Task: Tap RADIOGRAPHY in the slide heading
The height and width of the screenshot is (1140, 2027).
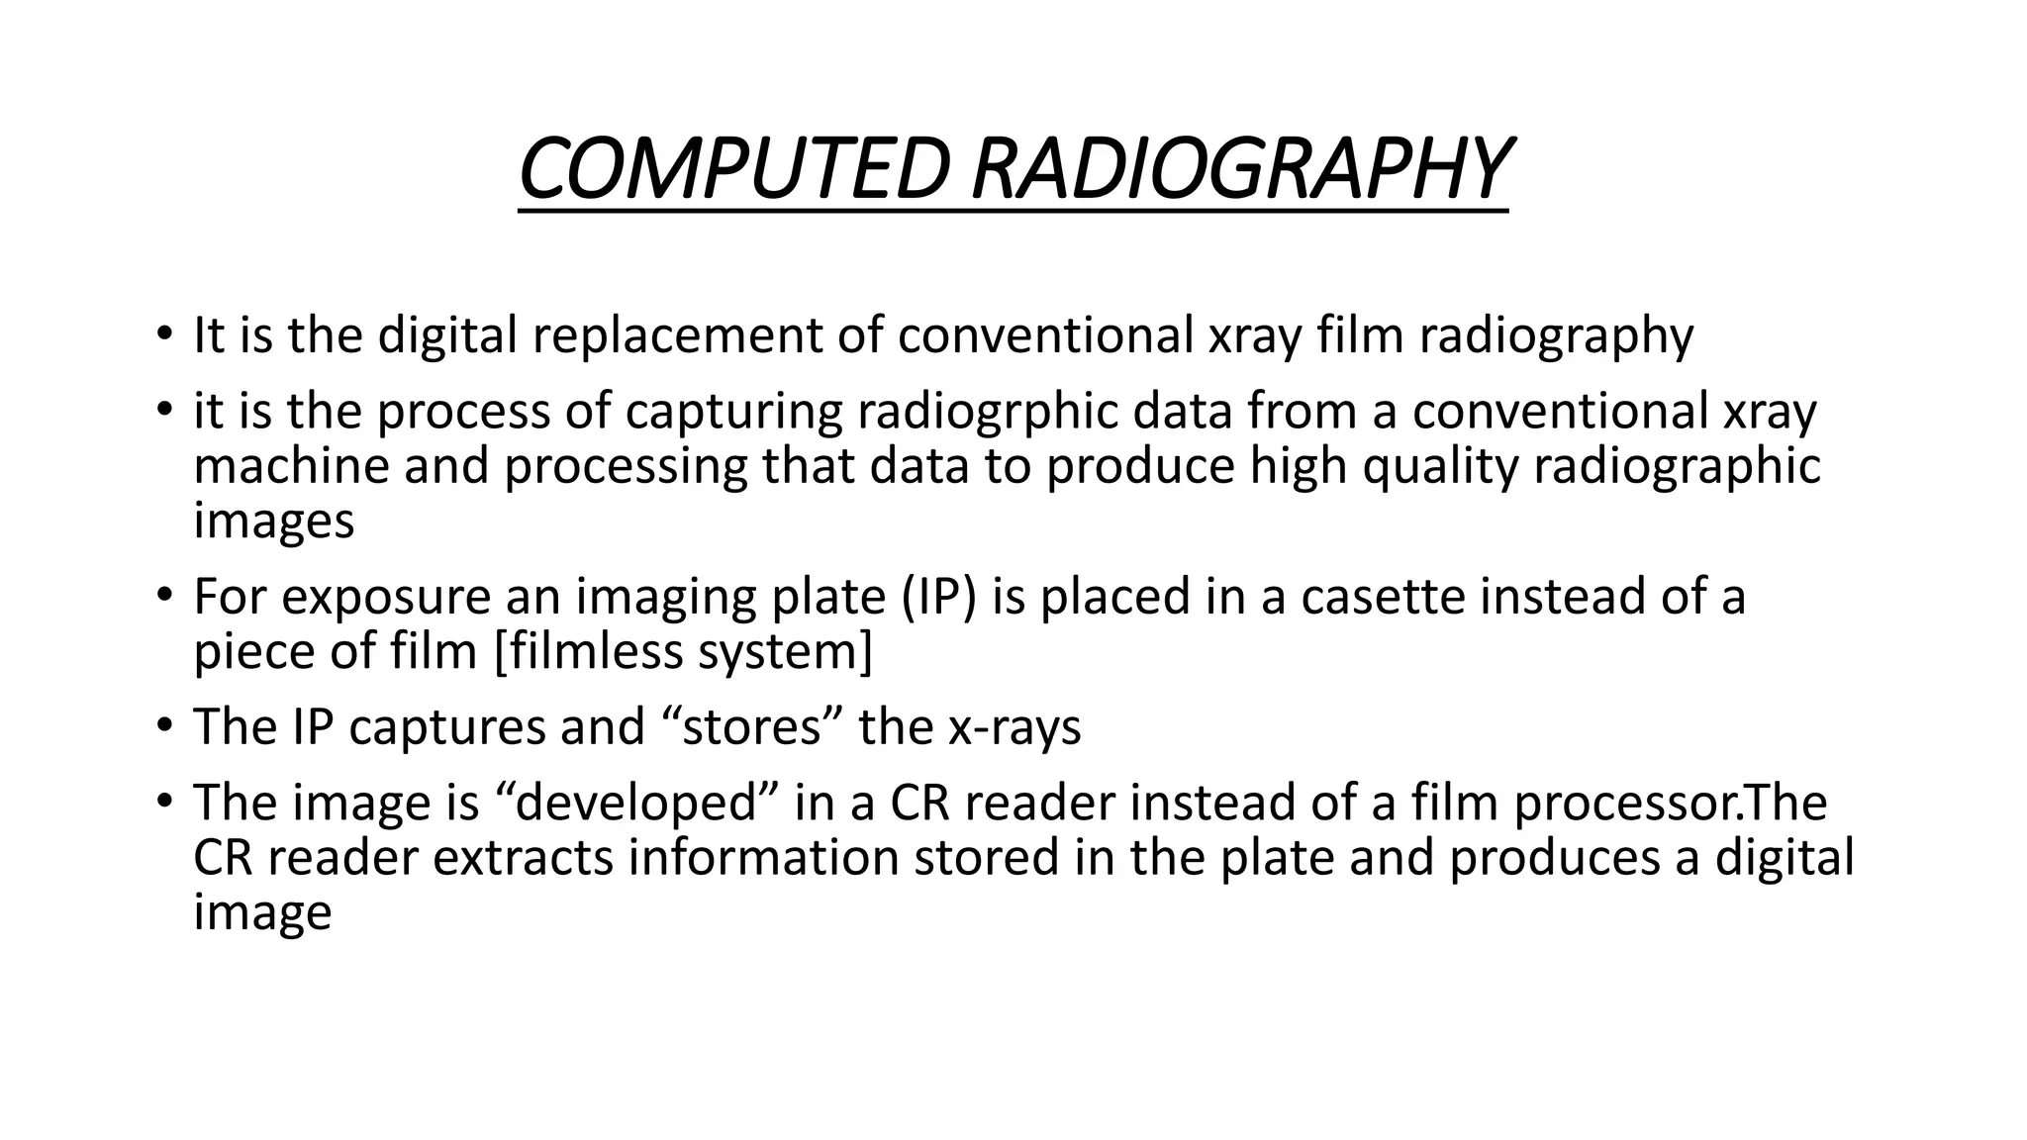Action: tap(1239, 169)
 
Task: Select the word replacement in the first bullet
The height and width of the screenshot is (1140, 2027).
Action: tap(677, 335)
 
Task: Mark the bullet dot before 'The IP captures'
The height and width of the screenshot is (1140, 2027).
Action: tap(163, 727)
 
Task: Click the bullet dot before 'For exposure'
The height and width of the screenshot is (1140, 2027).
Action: tap(163, 597)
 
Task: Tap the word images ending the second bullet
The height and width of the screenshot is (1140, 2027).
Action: tap(273, 522)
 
